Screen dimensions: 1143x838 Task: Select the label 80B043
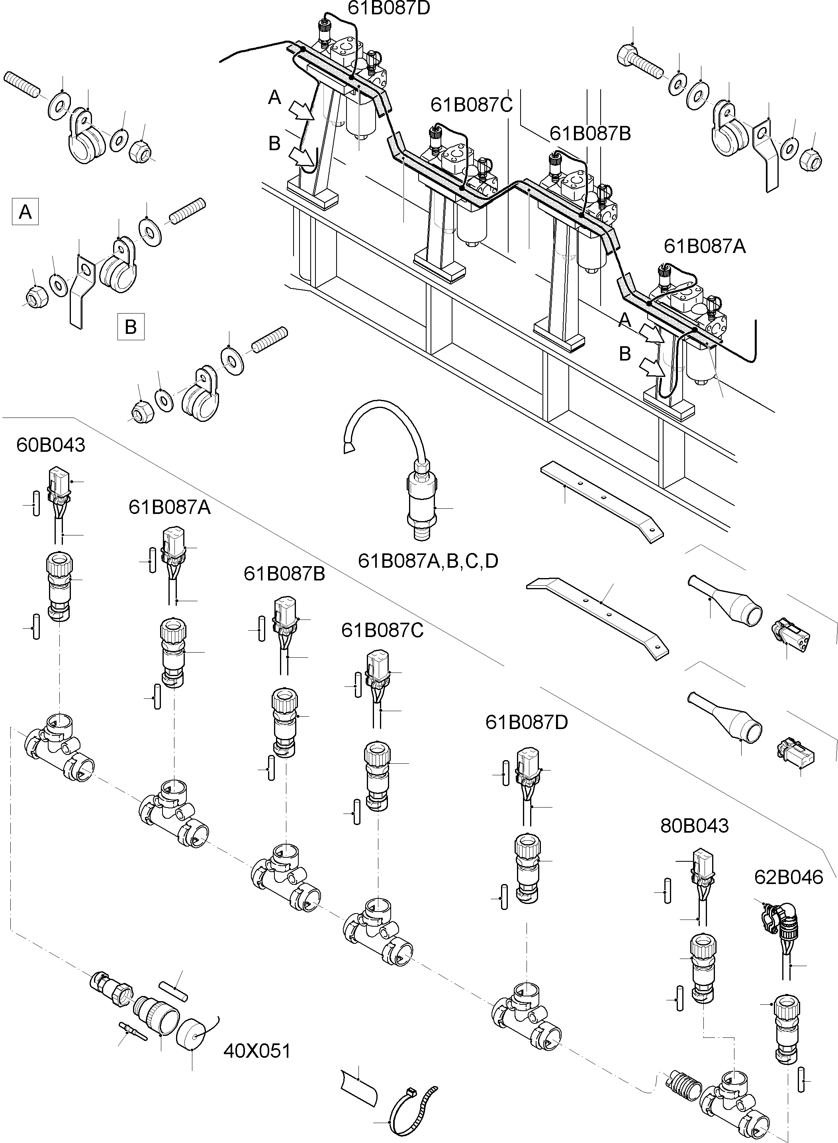695,825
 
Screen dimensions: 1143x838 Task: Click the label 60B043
51,445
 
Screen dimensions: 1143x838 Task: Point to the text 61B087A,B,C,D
428,561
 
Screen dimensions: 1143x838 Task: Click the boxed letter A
25,212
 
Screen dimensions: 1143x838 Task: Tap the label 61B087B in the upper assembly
590,133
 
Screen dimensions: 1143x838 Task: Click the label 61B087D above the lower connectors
527,721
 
